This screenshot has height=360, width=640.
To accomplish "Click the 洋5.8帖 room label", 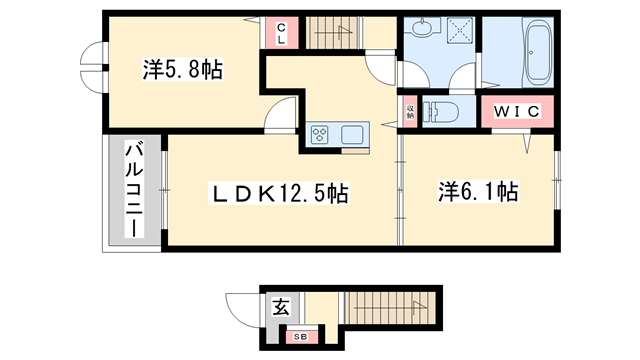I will [181, 70].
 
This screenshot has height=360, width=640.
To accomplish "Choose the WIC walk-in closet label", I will [516, 112].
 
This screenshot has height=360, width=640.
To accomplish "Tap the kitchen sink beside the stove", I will [354, 134].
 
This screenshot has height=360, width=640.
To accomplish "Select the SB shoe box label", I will [300, 337].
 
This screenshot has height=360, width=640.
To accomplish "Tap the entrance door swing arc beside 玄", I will [246, 305].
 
